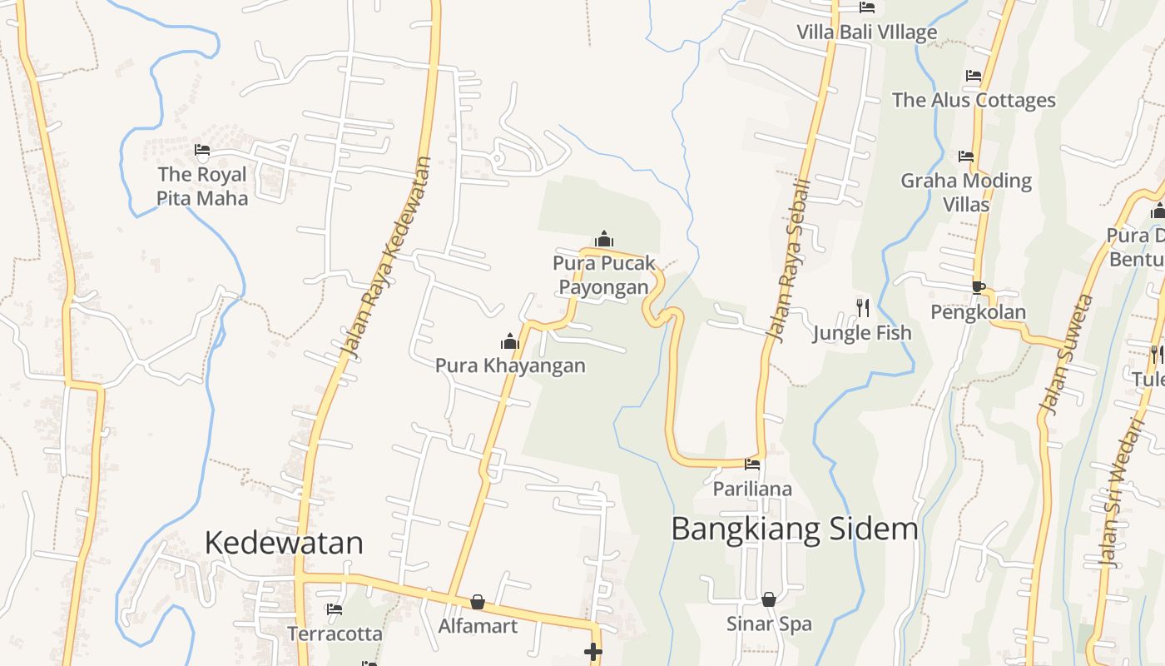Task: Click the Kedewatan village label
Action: pos(284,543)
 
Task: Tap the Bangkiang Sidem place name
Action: pos(794,529)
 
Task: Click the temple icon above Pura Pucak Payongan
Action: pos(604,240)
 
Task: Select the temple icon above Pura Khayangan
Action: pos(510,340)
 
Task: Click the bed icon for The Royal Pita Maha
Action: pos(202,151)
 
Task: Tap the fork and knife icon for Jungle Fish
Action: pos(862,308)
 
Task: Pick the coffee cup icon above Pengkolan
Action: pos(979,288)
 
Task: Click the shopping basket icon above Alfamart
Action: pos(478,601)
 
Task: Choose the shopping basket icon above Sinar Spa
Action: pos(769,599)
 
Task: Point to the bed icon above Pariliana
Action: pos(752,464)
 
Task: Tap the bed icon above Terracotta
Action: pos(335,609)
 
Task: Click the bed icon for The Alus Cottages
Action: pos(974,76)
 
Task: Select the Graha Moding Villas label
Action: pos(966,192)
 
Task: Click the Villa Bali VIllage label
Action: pos(866,32)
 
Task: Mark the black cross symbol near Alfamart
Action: pos(593,652)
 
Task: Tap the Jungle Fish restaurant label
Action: pos(862,333)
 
